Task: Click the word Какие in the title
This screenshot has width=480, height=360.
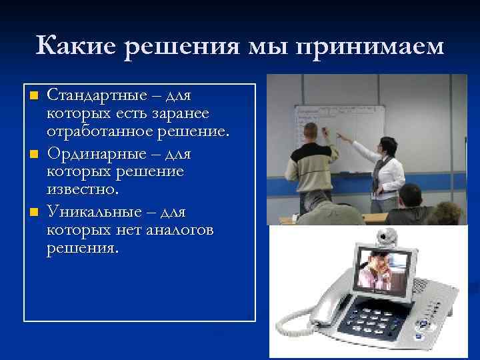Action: point(77,46)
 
